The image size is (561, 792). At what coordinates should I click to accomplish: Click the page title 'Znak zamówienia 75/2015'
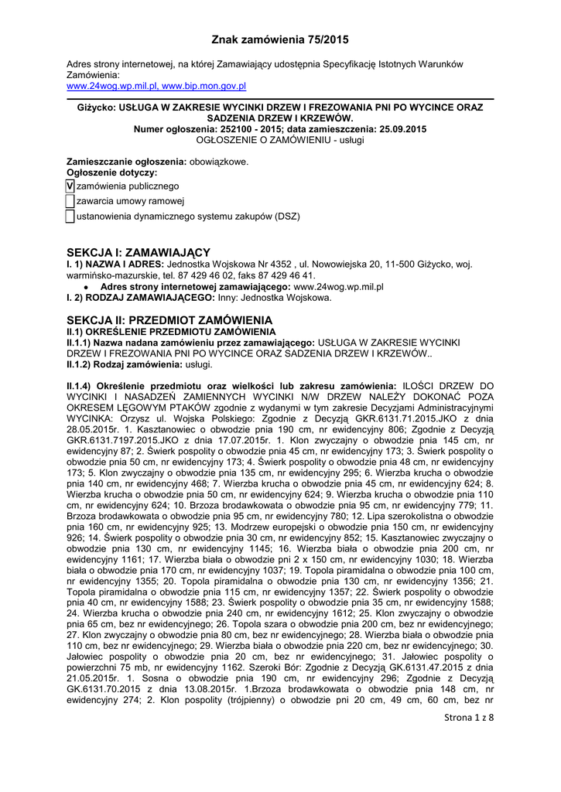[x=280, y=39]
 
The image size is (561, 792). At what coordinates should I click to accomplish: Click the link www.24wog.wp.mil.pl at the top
[x=112, y=86]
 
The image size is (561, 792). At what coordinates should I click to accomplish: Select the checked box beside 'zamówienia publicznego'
[x=70, y=186]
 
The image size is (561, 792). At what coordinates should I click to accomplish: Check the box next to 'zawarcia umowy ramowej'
[x=70, y=201]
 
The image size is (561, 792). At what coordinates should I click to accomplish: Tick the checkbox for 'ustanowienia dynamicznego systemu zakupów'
[x=70, y=217]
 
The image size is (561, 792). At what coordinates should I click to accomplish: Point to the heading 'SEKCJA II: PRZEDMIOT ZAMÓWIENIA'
[x=169, y=319]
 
